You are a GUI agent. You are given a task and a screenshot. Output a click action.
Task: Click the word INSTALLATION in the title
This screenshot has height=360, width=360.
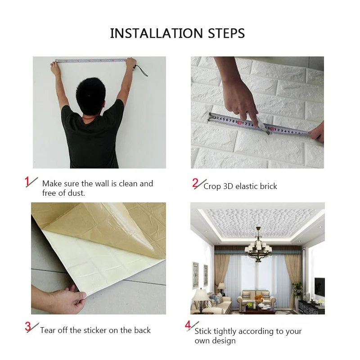point(157,33)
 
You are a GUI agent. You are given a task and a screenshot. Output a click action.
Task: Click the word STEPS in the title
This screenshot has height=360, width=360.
point(226,33)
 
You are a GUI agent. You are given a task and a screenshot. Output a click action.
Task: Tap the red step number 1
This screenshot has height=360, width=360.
point(27,181)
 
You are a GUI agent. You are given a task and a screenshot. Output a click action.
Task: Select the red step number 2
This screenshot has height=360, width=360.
point(195,183)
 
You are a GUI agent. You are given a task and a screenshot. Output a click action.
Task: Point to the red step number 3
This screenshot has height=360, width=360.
point(28,327)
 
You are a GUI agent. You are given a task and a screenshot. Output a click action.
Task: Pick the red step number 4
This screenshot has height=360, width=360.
point(188,325)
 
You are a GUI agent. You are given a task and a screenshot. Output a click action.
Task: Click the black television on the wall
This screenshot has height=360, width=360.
point(319,286)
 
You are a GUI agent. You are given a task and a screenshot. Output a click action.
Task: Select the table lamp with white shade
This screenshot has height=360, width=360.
point(200,298)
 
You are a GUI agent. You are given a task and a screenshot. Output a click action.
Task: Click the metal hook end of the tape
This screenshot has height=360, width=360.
point(211,117)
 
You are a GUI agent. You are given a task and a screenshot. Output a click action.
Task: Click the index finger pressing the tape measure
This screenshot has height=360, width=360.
point(255,112)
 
